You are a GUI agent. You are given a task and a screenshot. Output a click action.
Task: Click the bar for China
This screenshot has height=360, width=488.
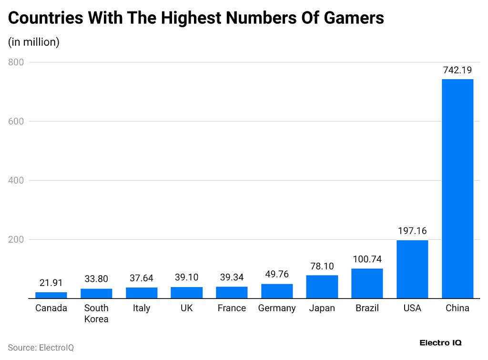[457, 188]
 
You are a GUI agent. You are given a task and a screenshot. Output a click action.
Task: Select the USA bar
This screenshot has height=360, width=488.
[412, 269]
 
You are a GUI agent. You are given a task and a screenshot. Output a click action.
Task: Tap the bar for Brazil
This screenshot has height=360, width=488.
[367, 283]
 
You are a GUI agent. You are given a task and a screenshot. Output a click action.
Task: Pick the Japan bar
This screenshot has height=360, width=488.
[322, 287]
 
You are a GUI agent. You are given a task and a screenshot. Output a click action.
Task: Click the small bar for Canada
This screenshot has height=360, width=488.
[51, 295]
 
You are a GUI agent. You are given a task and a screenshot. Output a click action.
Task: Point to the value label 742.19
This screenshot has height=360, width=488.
[457, 70]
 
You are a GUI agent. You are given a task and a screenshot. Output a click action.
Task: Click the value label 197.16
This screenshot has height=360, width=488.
[412, 231]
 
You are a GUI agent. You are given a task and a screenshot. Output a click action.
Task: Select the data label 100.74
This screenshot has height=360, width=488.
[367, 259]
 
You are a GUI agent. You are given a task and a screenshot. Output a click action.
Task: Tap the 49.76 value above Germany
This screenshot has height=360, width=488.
[277, 274]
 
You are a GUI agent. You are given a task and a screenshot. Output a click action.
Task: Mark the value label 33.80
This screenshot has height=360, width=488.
[96, 279]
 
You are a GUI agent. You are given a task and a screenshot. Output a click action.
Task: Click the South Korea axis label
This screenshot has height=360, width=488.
[96, 313]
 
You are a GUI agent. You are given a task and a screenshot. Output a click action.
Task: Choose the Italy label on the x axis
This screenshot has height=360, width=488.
[142, 308]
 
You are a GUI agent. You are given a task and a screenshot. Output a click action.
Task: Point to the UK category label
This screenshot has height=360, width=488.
[186, 308]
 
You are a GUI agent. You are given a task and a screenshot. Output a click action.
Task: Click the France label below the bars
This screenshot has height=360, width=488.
[232, 308]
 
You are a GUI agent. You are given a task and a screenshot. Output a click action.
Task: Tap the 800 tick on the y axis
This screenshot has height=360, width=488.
[16, 62]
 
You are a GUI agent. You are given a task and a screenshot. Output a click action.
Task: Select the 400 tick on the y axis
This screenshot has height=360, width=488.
[16, 180]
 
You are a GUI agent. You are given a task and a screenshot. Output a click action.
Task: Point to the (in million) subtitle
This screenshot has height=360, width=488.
[34, 42]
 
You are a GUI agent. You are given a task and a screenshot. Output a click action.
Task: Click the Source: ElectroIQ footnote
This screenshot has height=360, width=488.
[41, 348]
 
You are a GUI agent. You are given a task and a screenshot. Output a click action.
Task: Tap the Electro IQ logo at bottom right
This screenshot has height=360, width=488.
[440, 343]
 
